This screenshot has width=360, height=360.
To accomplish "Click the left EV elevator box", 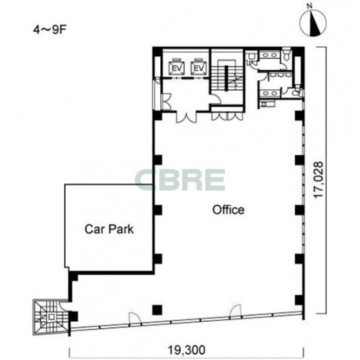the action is coord(177,67).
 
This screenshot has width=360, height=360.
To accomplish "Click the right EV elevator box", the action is coord(199,67).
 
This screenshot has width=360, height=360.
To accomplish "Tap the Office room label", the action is coord(228,210).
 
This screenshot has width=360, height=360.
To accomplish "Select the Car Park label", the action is coord(109,229).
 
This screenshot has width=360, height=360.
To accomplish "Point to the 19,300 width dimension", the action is coord(187,350).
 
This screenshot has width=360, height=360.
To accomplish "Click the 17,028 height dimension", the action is coord(318,180).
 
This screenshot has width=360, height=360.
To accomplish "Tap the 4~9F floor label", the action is coord(50,30).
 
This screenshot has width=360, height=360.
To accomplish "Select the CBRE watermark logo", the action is coord(180,180).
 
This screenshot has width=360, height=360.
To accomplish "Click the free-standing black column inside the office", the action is coord(157,310).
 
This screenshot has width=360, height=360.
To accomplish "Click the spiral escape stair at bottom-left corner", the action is coord(51,317).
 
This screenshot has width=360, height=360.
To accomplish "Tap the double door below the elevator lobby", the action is coord(187,117).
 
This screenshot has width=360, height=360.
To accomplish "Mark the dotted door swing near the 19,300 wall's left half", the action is coord(134,318).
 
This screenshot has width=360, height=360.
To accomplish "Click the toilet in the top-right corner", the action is coord(287,55).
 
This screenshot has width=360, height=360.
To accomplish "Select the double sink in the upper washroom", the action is coord(270,55).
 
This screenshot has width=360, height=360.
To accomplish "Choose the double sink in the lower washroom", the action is coord(269,93).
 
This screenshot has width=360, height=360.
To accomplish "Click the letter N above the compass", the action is coord(310,7).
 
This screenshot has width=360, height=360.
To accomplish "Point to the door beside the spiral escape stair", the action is coord(64,304).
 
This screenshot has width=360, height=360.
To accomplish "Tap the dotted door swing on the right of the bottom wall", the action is coord(236,311).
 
